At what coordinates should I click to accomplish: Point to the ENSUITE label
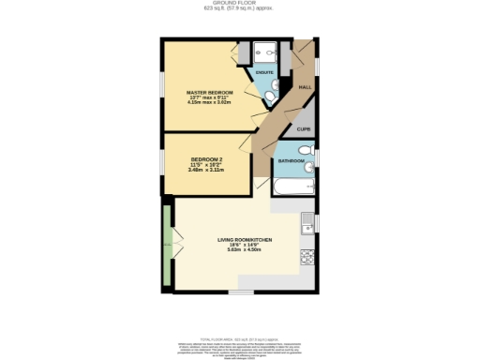pos(264,71)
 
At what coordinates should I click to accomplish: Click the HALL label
pos(304,87)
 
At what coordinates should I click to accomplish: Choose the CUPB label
pos(304,128)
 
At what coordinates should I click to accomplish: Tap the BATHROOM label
pos(290,162)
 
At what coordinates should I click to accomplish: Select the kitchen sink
pos(307,224)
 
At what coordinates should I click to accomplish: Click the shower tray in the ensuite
pos(266,52)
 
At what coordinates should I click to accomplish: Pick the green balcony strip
pos(166,246)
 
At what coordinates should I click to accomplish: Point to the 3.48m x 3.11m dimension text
pos(206,171)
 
